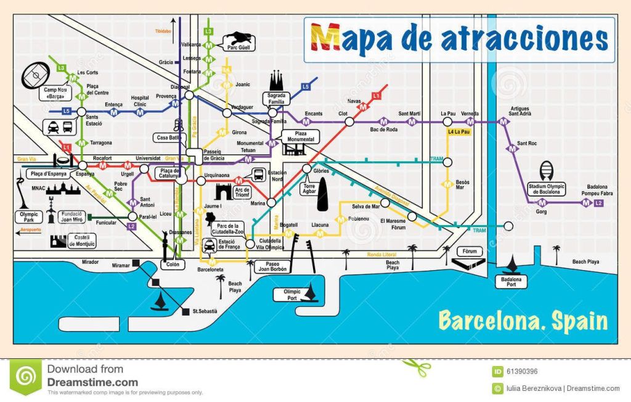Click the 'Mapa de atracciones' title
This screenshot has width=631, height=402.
459,39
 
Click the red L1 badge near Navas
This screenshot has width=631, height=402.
377,95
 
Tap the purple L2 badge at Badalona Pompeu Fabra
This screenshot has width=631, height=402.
598,203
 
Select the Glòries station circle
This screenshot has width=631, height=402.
307,169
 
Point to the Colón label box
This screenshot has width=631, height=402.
172,265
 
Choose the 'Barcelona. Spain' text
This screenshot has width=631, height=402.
523,321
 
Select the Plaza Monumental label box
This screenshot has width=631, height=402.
300,136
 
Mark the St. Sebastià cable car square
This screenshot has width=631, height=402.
185,311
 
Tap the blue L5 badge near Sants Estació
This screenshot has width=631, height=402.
66,111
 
